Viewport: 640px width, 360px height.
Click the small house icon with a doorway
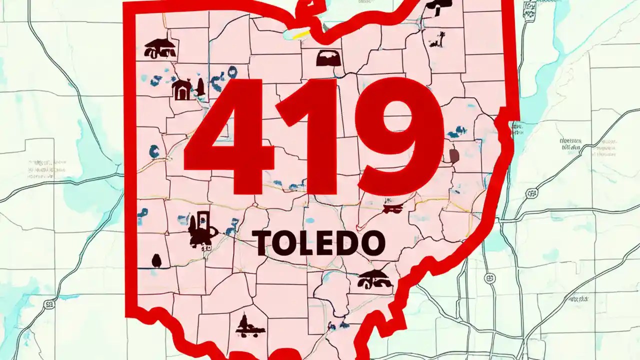click(181, 90)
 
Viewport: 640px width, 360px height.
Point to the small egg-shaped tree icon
click(156, 260)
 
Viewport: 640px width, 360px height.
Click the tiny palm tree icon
click(440, 39)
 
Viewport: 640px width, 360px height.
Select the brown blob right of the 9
click(454, 156)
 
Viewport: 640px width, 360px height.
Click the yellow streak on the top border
click(302, 34)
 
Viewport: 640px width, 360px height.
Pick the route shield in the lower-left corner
click(49, 304)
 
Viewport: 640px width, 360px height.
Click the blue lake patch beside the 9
click(456, 132)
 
